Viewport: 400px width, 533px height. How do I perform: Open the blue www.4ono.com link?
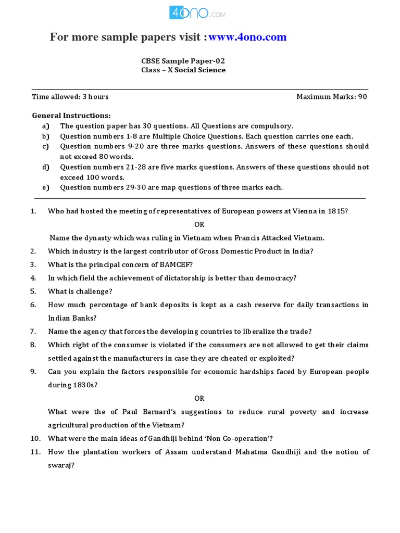[248, 37]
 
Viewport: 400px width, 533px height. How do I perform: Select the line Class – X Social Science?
[183, 70]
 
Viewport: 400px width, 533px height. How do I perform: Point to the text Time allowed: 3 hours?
[70, 97]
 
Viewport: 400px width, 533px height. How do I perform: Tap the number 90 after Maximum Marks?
[362, 97]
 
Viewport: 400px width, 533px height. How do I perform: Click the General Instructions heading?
[71, 116]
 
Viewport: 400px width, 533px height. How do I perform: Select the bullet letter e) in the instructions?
[46, 187]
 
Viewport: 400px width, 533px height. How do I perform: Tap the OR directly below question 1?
[199, 225]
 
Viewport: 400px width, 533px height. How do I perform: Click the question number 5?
[33, 291]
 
